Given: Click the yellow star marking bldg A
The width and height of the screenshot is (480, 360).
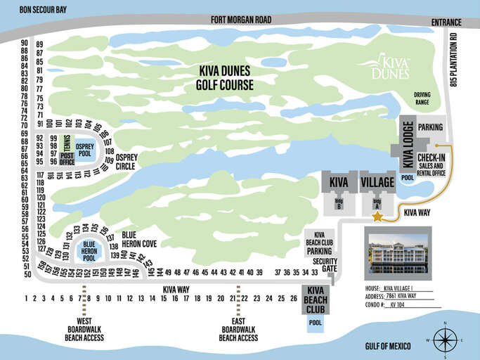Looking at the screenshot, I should tap(377, 217).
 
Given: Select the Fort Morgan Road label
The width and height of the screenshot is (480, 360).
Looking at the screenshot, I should tap(240, 20).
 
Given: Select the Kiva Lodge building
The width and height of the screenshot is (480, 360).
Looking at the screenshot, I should tap(408, 145).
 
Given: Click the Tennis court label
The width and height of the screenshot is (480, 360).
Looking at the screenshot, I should tap(67, 141).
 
